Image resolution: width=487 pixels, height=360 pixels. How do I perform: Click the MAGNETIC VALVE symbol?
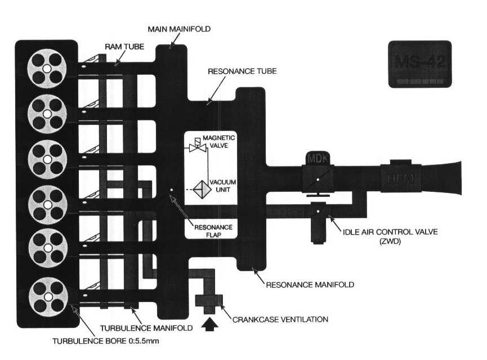point(196,147)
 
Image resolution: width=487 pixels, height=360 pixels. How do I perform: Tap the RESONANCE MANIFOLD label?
point(309,285)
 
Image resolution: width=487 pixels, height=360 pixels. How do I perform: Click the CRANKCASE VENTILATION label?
point(280,319)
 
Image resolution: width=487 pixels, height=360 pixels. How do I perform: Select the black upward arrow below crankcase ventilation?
point(209,325)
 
